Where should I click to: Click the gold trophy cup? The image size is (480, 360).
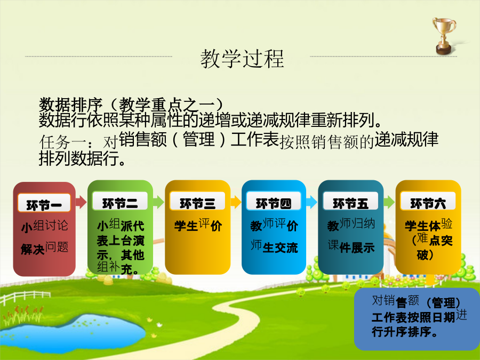pos(444,36)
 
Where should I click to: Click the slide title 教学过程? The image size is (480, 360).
pos(242,59)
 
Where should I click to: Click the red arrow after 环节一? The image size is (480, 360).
pos(81,202)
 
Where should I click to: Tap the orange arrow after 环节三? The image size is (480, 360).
pos(236,202)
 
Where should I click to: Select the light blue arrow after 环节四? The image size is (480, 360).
pos(311,202)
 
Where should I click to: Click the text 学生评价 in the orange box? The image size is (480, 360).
pos(198,225)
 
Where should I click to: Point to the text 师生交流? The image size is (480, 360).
pos(274,247)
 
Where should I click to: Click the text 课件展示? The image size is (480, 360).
pos(351,247)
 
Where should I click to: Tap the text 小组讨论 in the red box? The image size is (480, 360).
pos(45,226)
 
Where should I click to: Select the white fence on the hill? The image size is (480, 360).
pos(25,298)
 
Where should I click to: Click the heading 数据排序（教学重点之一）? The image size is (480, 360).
pos(132,105)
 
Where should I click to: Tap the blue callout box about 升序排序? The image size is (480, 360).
pos(417,319)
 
